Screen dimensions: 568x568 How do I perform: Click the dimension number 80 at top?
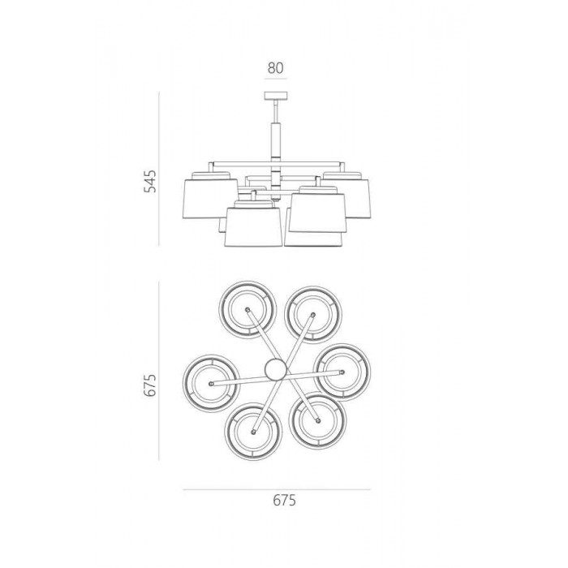point(276,67)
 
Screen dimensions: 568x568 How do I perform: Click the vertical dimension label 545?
point(150,181)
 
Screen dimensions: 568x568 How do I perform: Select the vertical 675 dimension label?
point(150,385)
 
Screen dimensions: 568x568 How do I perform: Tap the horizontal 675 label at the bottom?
point(284,501)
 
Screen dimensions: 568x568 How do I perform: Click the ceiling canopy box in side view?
point(276,96)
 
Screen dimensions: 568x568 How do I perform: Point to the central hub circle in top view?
point(276,369)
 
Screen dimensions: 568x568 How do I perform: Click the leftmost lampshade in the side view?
point(210,199)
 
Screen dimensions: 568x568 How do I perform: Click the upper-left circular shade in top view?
point(247,310)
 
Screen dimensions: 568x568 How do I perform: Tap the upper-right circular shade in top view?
point(313,315)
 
